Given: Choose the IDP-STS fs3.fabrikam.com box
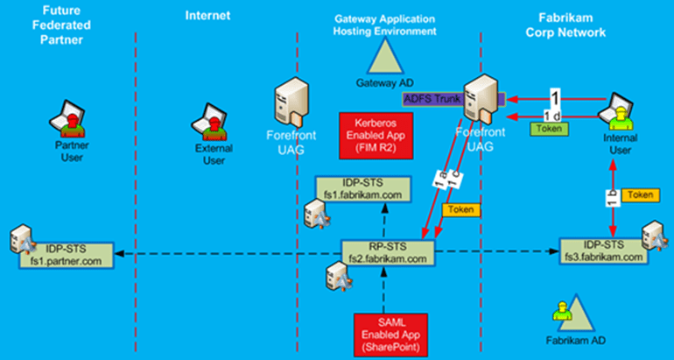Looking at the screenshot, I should coord(602,251).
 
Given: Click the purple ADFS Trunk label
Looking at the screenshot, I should coord(432,99).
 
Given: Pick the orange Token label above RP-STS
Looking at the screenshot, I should coord(461,210).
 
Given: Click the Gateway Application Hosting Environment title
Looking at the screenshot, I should coord(385,25).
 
